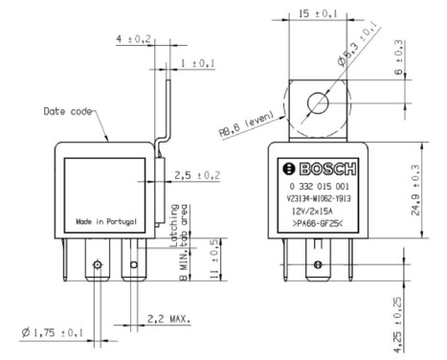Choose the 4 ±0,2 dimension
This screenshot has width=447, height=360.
click(132, 40)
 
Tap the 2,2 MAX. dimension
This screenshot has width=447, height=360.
click(169, 317)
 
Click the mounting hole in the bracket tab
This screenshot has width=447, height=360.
click(314, 100)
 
